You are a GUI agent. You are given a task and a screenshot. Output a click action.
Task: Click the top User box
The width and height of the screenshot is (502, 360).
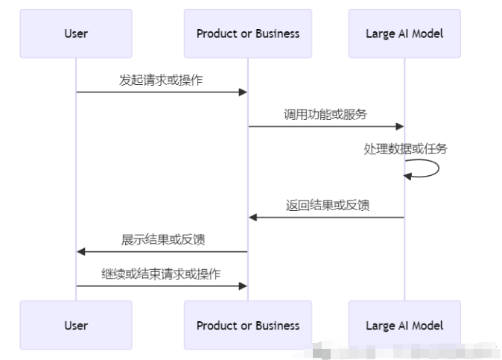75,34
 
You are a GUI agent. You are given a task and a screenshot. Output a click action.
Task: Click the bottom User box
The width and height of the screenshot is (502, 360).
75,325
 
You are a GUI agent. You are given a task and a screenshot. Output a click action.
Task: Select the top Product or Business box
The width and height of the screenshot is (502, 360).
248,34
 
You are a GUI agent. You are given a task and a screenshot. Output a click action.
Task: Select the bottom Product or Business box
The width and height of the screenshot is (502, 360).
248,325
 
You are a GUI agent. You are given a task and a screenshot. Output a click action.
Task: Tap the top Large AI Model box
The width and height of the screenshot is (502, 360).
404,34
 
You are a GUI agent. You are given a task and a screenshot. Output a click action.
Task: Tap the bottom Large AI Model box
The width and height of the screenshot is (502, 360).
404,325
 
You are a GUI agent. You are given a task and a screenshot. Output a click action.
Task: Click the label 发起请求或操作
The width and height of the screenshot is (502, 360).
161,80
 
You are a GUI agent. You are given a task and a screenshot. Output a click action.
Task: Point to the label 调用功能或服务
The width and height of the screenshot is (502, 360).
325,114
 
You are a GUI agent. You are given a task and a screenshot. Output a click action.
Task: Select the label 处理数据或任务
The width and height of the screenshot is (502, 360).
405,149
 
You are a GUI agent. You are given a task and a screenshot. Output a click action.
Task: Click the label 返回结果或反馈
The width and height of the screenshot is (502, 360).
327,205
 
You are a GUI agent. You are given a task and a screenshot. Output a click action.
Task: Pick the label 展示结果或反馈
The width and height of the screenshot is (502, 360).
163,239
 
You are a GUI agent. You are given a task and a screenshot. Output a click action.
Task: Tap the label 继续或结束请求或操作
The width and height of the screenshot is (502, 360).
161,274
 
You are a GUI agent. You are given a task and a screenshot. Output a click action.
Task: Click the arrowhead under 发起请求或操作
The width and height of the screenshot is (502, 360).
242,92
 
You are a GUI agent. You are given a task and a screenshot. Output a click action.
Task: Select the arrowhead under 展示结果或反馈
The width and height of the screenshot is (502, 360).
81,252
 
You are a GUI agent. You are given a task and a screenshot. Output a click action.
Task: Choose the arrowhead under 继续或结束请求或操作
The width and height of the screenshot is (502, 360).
242,286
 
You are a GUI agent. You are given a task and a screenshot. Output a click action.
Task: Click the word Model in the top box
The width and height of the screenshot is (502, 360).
428,34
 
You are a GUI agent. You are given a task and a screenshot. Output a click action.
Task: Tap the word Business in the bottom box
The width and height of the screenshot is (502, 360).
276,325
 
